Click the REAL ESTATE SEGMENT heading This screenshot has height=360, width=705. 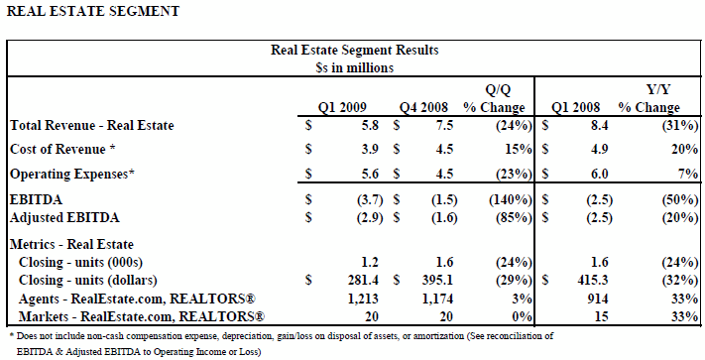pos(93,11)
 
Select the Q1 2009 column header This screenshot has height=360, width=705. pos(342,107)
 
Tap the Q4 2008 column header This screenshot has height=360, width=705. pos(423,107)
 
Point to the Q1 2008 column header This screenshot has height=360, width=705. pos(575,107)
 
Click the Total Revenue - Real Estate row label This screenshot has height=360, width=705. pos(92,125)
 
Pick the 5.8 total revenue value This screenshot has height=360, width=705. pos(370,125)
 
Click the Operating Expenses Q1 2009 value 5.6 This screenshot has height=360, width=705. pos(370,174)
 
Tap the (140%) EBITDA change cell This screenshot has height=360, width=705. pos(511,199)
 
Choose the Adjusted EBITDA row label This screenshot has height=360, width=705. pos(64,218)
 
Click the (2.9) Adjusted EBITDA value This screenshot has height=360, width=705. pos(370,218)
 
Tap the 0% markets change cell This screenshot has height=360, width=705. pos(523,316)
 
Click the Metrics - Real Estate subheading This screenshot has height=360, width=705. pos(71,245)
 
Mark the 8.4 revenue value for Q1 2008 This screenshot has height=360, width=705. pos(599,125)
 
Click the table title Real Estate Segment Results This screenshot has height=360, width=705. pos(354,50)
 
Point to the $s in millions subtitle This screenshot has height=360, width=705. pos(354,67)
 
